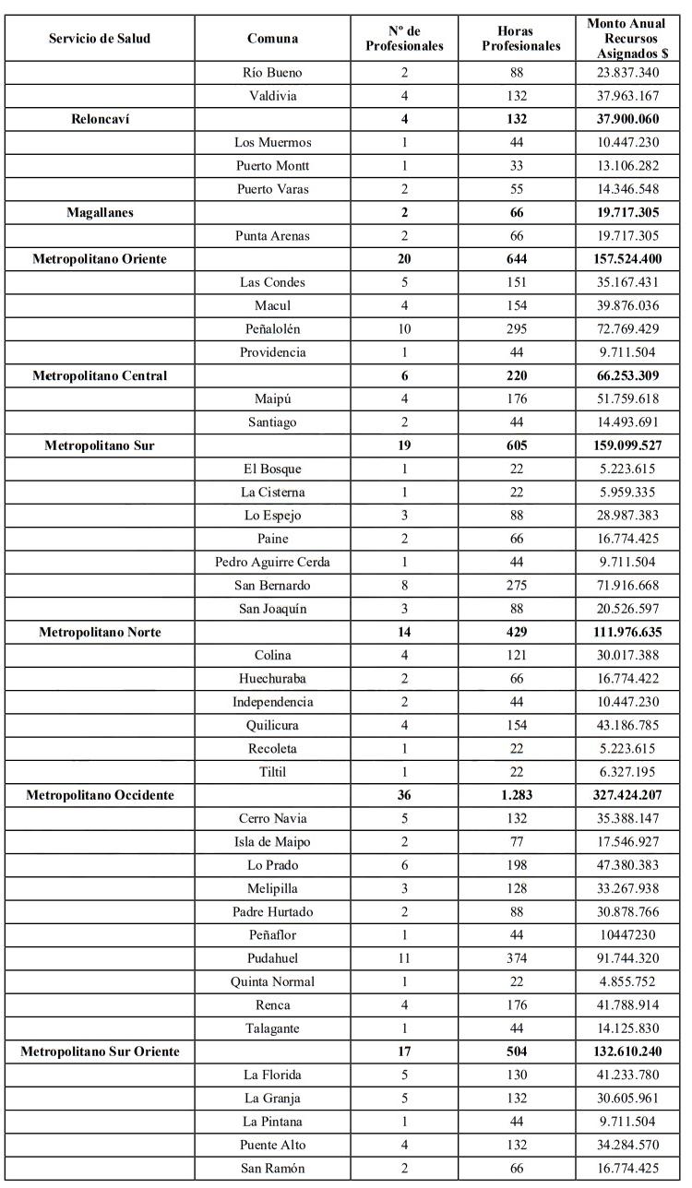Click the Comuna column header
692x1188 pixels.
272,39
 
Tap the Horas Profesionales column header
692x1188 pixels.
521,39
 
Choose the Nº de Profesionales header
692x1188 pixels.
405,39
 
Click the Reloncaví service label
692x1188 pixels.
100,119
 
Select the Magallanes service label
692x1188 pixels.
100,212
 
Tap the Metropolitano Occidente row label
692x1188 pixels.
100,795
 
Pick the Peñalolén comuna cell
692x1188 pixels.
272,328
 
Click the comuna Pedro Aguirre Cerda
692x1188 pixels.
272,562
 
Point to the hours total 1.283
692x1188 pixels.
521,795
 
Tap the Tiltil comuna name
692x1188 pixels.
272,772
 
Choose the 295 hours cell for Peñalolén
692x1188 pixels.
521,328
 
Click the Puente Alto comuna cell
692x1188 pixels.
272,1146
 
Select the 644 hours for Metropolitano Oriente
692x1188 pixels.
521,259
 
